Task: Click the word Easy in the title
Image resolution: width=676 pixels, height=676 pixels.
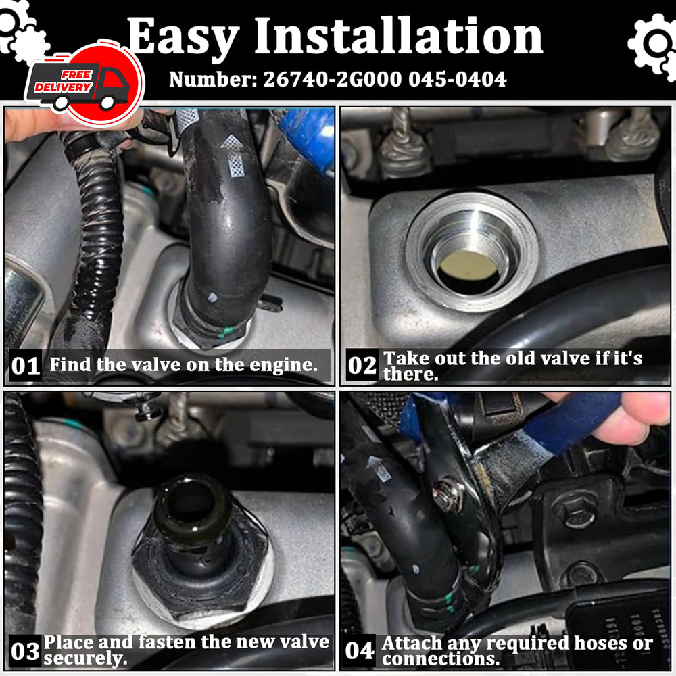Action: (183, 38)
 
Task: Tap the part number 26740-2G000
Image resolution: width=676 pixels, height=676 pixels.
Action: (333, 79)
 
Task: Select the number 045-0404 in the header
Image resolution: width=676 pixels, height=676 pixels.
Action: (458, 79)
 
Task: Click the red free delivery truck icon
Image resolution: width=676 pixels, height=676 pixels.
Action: (84, 82)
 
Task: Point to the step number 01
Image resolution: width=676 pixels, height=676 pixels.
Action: (26, 366)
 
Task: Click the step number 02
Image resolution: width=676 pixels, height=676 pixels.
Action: (362, 365)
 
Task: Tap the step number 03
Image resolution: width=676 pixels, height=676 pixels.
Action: (25, 651)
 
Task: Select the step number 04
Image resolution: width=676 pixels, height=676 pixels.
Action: (360, 650)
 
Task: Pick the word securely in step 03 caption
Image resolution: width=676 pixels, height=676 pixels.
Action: (85, 658)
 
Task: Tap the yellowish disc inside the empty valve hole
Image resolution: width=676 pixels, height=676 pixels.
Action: (468, 264)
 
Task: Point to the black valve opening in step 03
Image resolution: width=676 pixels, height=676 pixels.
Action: (190, 502)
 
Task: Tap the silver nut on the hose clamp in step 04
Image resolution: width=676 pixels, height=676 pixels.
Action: (448, 493)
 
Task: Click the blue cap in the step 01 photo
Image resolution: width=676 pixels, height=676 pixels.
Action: (309, 137)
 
